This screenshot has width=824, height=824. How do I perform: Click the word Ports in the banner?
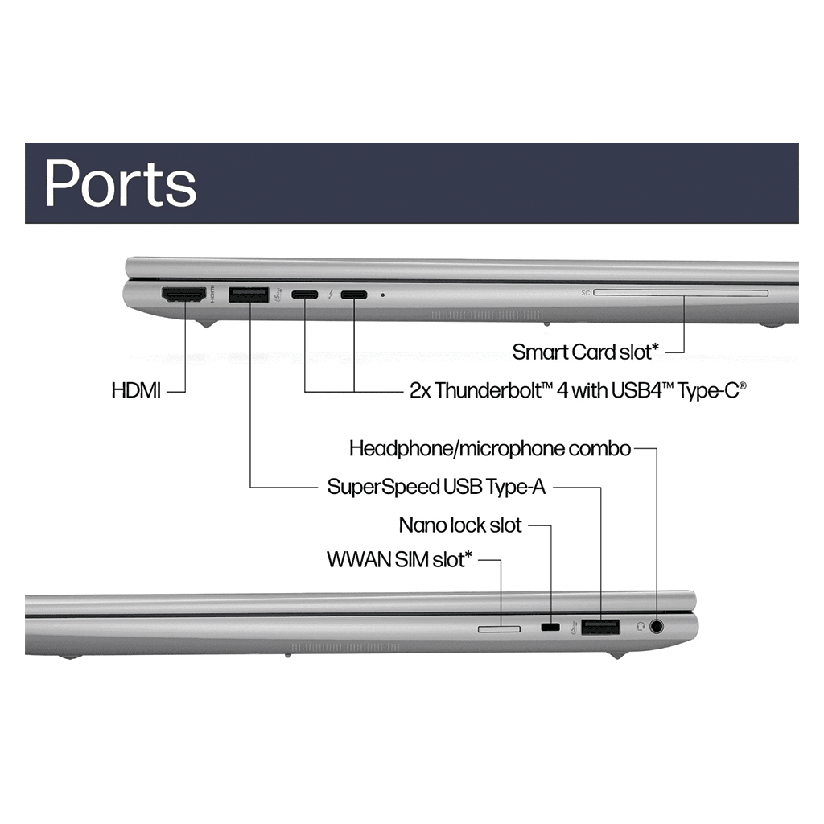[x=121, y=183]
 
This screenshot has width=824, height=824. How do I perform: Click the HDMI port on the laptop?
[x=184, y=295]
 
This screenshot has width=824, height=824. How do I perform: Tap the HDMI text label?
[x=136, y=392]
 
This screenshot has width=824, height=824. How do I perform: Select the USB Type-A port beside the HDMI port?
[x=249, y=295]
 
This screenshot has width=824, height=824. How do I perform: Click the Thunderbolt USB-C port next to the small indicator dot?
[x=354, y=295]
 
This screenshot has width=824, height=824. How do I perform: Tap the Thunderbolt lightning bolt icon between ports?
[x=330, y=295]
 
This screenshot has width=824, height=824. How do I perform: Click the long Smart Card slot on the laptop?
[x=681, y=295]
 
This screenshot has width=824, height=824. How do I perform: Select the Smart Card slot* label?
[x=586, y=352]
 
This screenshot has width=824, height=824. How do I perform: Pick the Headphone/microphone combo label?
[x=489, y=448]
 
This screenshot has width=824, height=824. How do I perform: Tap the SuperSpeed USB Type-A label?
[x=436, y=487]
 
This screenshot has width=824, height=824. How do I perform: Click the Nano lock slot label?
[x=460, y=526]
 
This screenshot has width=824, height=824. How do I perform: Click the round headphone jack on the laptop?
[x=659, y=626]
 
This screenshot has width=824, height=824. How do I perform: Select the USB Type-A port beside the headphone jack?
[x=600, y=626]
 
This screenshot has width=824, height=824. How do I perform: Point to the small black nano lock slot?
[x=550, y=627]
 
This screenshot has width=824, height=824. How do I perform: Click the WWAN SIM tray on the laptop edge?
[x=499, y=627]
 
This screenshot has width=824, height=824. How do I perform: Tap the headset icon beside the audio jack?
[x=641, y=626]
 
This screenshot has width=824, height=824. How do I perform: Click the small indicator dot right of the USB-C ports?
[x=382, y=295]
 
